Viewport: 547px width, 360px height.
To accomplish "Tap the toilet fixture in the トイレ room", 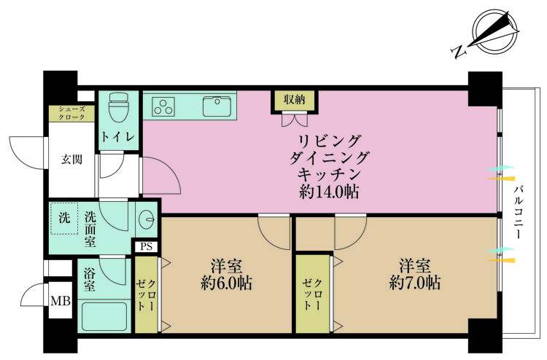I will coord(117,110).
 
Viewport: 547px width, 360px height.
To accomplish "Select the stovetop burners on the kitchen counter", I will coord(164,107).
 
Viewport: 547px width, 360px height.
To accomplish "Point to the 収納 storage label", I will coord(295,98).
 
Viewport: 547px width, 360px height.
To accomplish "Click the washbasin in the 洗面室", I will coord(148,218).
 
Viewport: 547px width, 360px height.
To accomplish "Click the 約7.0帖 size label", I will coord(414,283).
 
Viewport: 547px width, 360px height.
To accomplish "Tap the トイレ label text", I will coord(116,136).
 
